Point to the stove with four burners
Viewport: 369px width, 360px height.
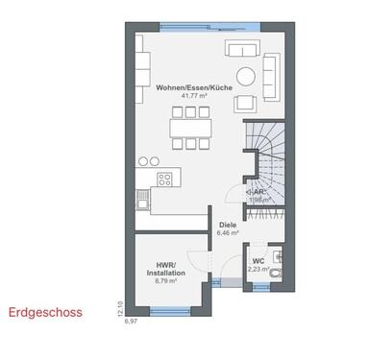coord(165,178)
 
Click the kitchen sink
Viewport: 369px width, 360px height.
coord(142,200)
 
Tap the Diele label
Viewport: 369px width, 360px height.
coord(227,224)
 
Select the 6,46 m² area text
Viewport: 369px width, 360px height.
coord(227,232)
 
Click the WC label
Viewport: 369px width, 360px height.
coord(258,261)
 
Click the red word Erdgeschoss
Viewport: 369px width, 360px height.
coord(45,312)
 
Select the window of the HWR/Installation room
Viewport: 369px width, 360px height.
coord(169,309)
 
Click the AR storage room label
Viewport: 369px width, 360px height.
coord(257,192)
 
